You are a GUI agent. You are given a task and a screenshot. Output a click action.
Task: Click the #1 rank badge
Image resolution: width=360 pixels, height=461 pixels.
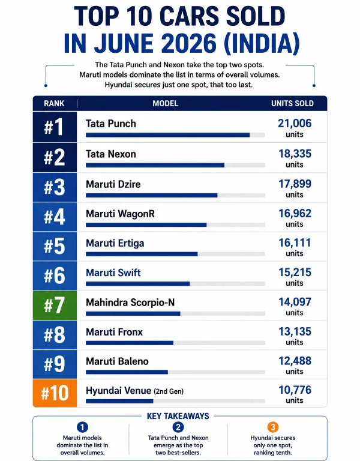55,127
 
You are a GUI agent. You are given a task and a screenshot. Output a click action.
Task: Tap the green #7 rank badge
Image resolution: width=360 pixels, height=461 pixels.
55,306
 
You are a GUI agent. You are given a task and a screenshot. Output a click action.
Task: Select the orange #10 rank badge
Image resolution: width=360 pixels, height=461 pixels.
55,393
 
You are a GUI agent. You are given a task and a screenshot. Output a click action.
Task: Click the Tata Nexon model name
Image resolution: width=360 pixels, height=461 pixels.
111,154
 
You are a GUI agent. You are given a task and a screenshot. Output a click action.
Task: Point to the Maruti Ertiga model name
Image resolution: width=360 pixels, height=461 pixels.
115,244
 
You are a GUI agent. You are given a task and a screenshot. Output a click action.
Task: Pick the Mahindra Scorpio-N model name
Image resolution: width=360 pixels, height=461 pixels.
130,303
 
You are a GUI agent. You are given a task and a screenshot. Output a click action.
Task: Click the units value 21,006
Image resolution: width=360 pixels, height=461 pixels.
295,124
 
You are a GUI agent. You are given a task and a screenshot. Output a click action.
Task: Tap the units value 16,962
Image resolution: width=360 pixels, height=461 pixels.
295,214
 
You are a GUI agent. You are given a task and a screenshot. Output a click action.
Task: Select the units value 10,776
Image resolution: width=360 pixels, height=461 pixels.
295,390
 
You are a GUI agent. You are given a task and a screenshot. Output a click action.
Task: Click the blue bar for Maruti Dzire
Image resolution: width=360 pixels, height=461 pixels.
152,195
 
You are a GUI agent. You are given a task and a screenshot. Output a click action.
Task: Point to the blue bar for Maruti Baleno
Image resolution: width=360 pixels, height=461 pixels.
127,372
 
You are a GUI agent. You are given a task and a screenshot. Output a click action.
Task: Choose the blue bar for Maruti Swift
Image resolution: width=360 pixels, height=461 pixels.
138,284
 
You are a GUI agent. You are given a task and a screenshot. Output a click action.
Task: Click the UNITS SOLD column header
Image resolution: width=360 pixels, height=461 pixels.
292,103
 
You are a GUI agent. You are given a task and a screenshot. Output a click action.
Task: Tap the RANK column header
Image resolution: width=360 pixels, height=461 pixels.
54,103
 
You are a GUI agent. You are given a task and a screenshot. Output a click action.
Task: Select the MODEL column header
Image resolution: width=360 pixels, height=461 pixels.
165,103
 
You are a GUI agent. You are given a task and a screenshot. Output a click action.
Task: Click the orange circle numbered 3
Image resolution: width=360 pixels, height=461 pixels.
273,427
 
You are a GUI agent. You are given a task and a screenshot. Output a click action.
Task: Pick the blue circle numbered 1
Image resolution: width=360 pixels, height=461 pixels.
82,427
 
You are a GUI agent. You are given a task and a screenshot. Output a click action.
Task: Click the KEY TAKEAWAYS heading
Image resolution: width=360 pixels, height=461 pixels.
178,416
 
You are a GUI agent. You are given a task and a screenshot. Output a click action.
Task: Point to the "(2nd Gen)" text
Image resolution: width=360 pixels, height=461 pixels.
169,391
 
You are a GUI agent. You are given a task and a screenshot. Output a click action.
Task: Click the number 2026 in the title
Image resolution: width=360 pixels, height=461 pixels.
189,43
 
